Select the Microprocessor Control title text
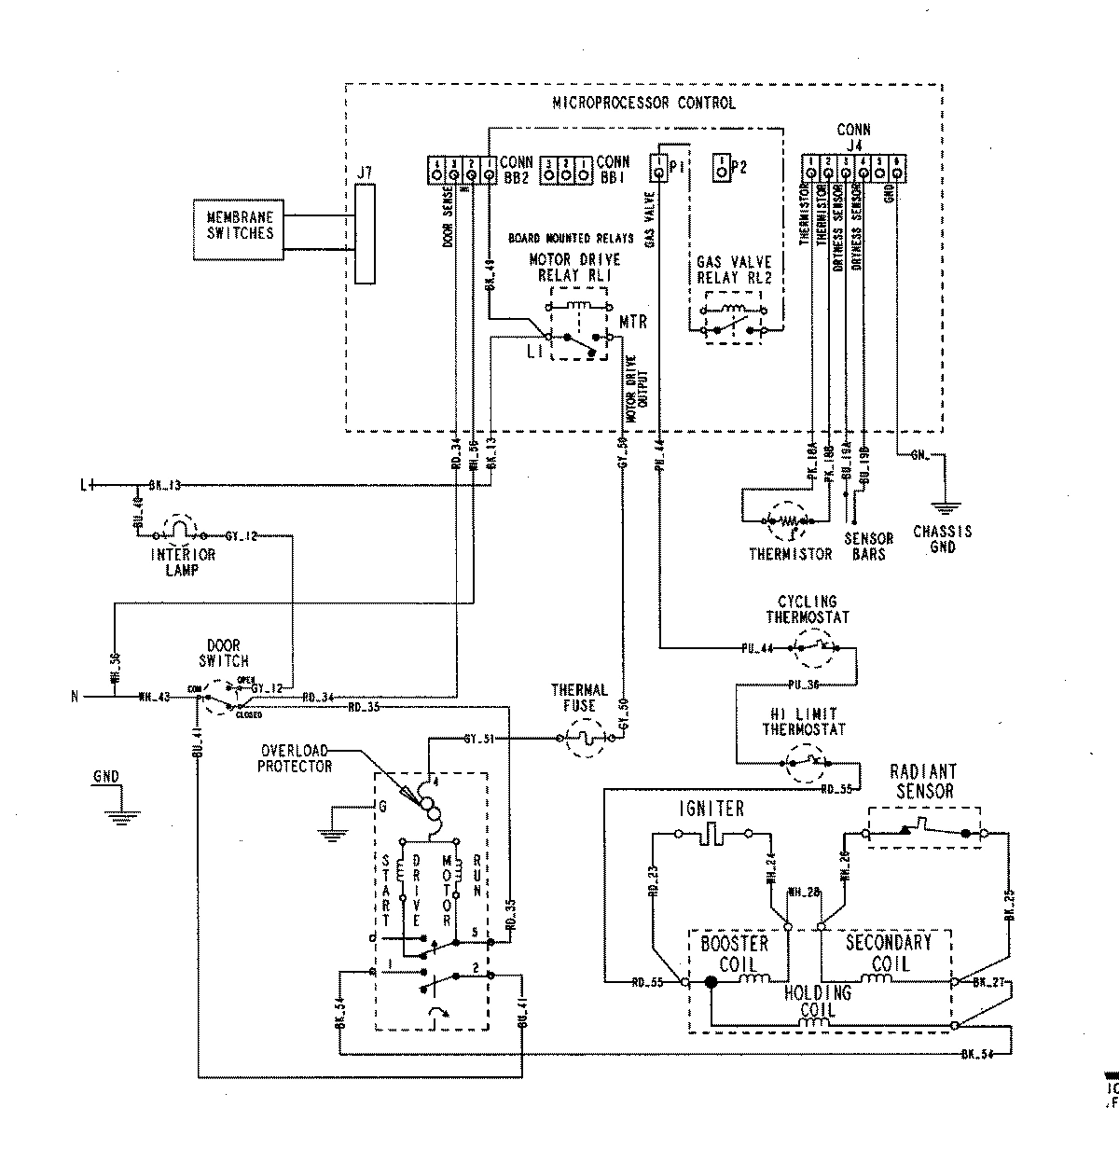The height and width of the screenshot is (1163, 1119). [643, 103]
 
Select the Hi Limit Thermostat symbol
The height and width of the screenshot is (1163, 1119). [804, 762]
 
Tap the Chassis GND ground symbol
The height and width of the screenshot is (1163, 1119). [944, 508]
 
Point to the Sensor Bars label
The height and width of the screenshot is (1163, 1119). [868, 546]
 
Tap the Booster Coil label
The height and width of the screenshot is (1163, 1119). [734, 952]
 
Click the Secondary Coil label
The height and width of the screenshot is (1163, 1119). [888, 951]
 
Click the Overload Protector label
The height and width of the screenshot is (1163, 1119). [297, 758]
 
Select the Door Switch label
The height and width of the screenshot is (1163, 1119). [223, 653]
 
